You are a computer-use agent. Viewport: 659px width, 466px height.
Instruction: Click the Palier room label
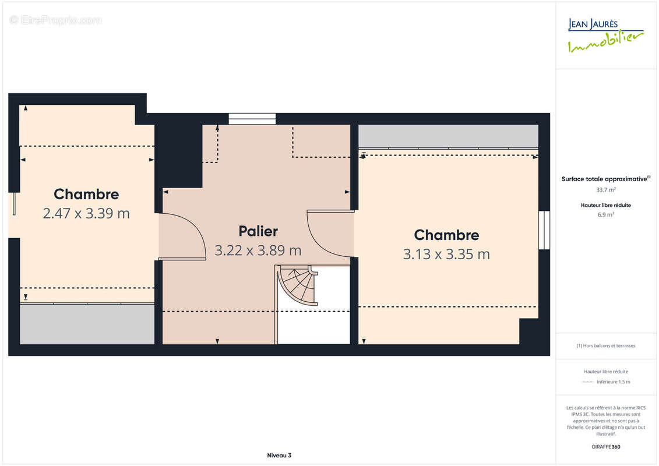tap(258, 231)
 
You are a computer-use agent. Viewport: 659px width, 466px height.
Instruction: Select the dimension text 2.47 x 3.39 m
tap(86, 213)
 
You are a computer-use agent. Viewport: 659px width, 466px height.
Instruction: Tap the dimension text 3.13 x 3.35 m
tap(446, 254)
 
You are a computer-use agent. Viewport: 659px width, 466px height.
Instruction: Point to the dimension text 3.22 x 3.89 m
tap(258, 250)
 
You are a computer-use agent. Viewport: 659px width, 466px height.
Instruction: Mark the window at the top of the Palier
tap(252, 119)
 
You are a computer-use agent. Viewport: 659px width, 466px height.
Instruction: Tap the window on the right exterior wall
tap(544, 230)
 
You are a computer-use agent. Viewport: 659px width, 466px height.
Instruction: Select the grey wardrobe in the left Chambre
tap(87, 323)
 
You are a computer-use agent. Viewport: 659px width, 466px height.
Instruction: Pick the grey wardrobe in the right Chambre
tap(448, 136)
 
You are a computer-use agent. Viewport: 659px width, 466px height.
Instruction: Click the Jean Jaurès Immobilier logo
tap(605, 36)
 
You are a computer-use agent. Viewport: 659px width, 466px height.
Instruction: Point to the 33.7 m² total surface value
tap(605, 190)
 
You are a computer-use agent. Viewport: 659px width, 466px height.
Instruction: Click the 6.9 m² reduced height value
tap(605, 215)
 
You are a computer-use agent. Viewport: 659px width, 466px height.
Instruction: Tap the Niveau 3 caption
tap(279, 456)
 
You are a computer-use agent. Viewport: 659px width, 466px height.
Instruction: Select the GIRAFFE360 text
tap(605, 447)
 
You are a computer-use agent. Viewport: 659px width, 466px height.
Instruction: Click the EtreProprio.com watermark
tap(56, 20)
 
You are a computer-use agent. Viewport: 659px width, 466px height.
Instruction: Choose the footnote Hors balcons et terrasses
tap(605, 346)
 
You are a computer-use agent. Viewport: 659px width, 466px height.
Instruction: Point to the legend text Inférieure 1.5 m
tap(613, 382)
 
